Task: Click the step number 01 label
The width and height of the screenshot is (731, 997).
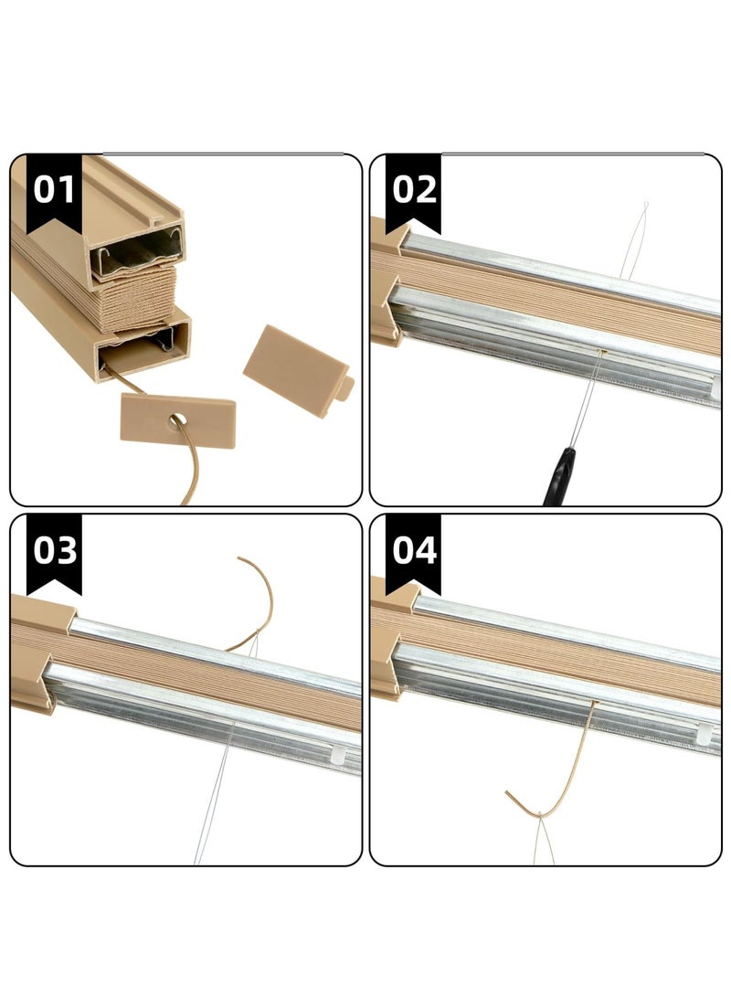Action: pos(54,189)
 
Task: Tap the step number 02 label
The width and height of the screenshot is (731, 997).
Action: pos(413,189)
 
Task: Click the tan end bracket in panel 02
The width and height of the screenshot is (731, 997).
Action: pos(393,274)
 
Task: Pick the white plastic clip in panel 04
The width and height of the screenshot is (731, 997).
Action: pos(705,734)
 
